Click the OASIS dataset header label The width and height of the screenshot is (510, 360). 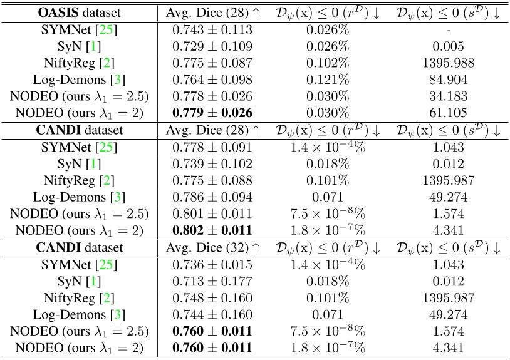pos(79,12)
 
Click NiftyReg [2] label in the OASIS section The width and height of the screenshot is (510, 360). pos(79,63)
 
